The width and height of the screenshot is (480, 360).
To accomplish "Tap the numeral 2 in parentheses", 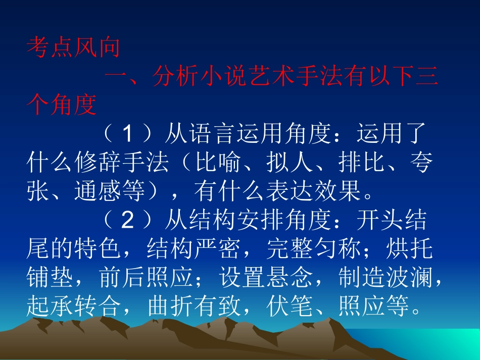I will pos(127,220).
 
